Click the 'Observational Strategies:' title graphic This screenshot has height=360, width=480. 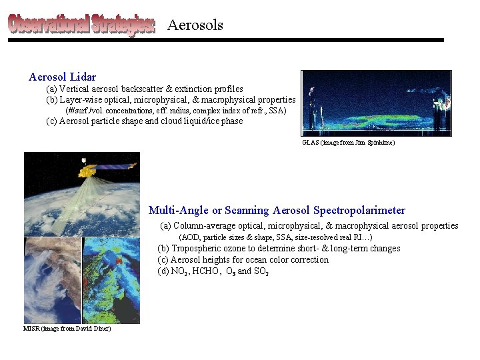(x=81, y=25)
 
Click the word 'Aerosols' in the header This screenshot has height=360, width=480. (x=195, y=25)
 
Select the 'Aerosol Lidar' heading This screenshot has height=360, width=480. (x=62, y=77)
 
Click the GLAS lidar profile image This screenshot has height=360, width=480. (x=376, y=103)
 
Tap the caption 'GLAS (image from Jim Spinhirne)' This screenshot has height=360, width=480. (x=348, y=143)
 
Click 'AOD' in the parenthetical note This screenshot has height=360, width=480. (x=190, y=237)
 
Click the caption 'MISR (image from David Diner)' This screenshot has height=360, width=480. (x=67, y=329)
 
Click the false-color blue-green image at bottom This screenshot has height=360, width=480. (x=111, y=280)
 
